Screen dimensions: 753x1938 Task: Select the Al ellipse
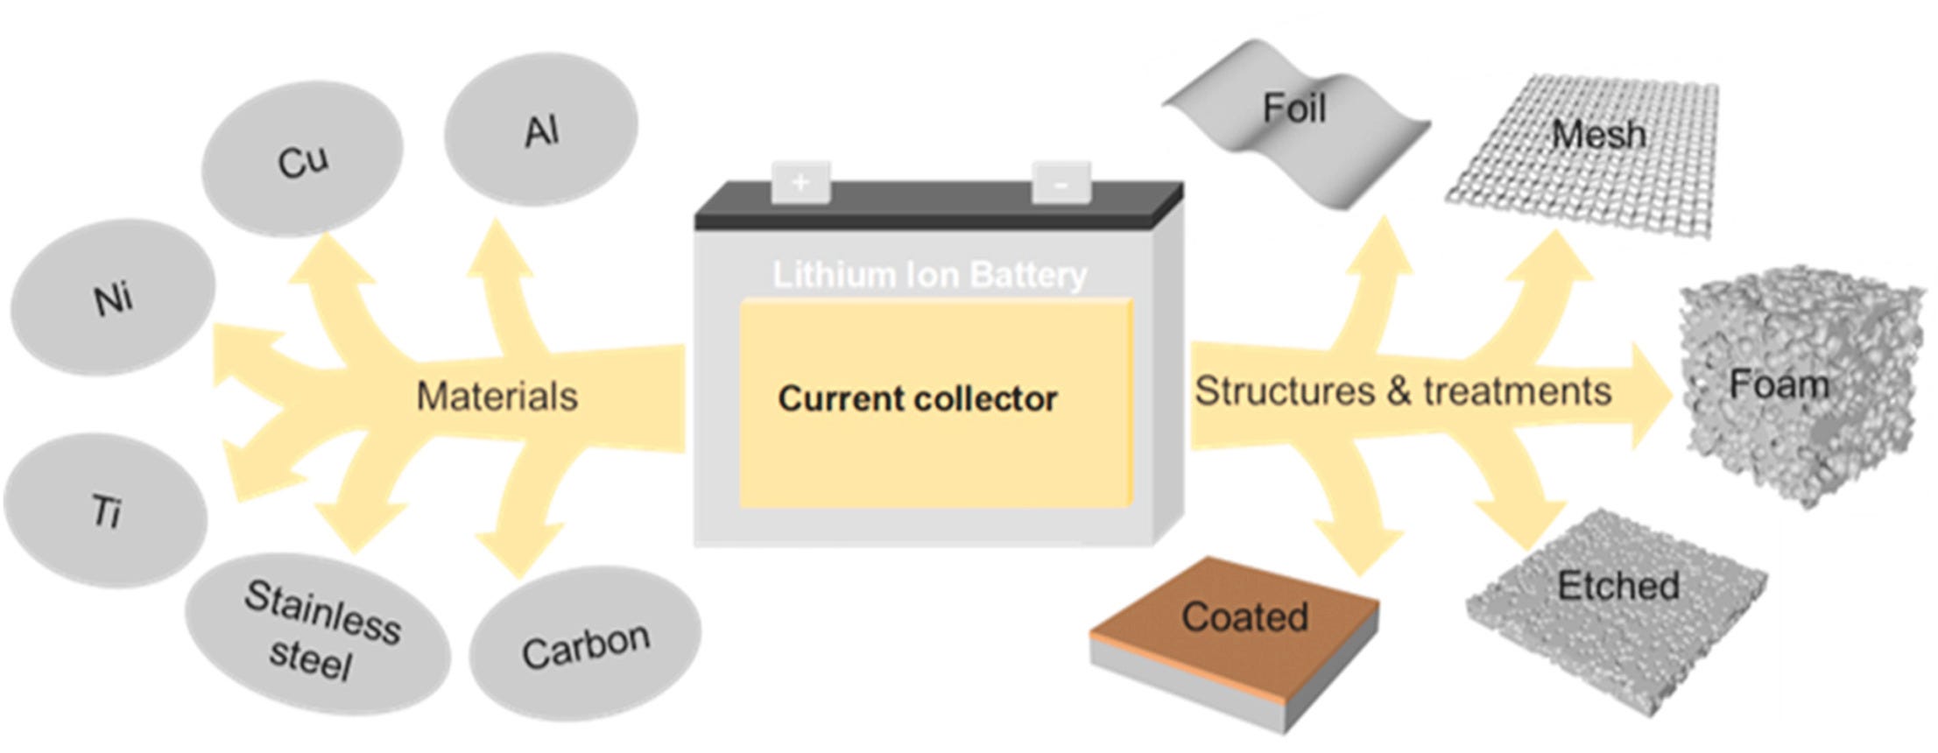tap(540, 133)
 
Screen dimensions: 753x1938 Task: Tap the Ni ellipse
tap(112, 298)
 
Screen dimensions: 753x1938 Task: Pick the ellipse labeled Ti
tap(105, 510)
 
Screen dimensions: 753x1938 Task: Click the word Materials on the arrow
tap(497, 397)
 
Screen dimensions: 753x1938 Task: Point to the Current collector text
tap(917, 399)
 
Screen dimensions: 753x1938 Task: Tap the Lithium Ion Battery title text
tap(929, 275)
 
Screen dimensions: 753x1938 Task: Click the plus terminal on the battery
tap(800, 182)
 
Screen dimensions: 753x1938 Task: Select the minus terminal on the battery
tap(1061, 183)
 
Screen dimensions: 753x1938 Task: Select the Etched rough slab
tap(1616, 604)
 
